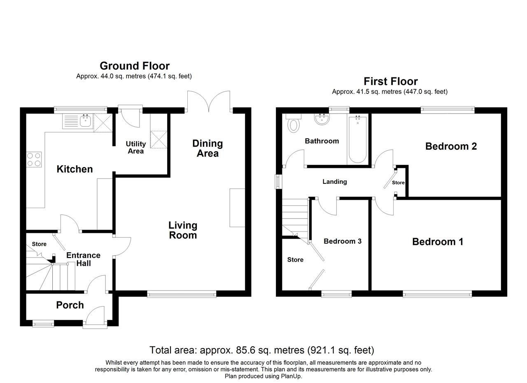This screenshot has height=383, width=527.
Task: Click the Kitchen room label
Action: [75, 169]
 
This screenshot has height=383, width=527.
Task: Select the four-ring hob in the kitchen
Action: [34, 159]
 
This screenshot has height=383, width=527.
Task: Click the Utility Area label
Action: [135, 147]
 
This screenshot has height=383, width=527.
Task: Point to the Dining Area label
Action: [208, 148]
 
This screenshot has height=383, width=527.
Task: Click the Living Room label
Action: [183, 230]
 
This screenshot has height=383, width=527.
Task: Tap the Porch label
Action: [70, 305]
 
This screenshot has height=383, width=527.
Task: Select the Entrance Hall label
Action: [83, 259]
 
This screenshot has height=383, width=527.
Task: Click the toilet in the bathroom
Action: [294, 124]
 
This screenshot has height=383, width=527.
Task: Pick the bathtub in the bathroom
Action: [357, 140]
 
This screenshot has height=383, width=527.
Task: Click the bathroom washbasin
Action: [322, 119]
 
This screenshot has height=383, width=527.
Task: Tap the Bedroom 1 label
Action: [438, 241]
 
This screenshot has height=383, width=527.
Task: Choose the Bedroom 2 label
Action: [451, 146]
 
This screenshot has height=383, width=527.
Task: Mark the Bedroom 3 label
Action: [343, 241]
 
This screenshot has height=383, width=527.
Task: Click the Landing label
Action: [334, 181]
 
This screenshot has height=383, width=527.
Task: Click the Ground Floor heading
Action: [134, 66]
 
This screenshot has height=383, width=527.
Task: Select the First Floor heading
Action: [390, 81]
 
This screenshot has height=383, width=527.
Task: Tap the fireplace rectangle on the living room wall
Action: [237, 208]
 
